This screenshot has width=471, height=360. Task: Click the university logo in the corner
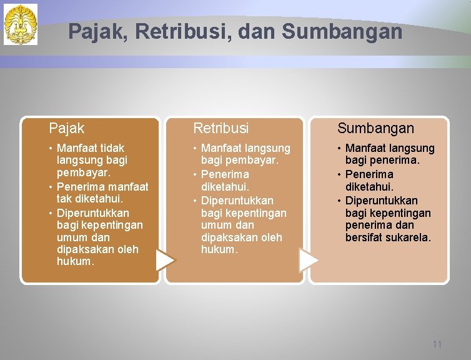point(21,24)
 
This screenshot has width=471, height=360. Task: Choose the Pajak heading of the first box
point(67,128)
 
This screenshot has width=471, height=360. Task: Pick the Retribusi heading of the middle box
point(221,128)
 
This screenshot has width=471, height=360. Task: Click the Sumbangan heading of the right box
point(375,128)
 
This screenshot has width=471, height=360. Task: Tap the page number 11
point(437,344)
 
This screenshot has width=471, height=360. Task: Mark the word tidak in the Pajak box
point(112,148)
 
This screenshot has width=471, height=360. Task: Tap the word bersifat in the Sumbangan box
point(365,237)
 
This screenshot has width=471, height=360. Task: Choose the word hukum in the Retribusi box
point(219,249)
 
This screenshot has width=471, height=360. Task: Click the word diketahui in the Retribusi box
point(224,186)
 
